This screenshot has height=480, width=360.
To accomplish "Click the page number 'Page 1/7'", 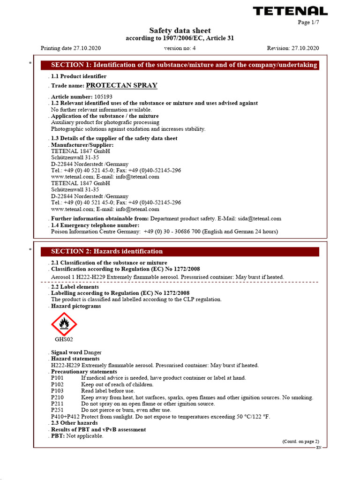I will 309,22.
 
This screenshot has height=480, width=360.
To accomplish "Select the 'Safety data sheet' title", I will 180,30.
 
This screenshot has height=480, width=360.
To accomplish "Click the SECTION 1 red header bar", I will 180,65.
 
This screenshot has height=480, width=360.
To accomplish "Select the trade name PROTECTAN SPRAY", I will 122,85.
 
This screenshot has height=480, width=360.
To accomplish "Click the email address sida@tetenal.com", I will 259,218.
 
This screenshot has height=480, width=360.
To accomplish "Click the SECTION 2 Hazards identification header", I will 180,252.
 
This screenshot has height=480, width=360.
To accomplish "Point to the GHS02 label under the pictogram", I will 64,339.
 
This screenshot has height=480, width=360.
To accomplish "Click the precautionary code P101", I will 58,378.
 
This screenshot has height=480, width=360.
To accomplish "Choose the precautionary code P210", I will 58,397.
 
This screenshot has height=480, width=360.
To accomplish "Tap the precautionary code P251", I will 58,410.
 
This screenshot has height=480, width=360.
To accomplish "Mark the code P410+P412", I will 65,417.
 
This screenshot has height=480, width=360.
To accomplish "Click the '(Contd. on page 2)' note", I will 300,442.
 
